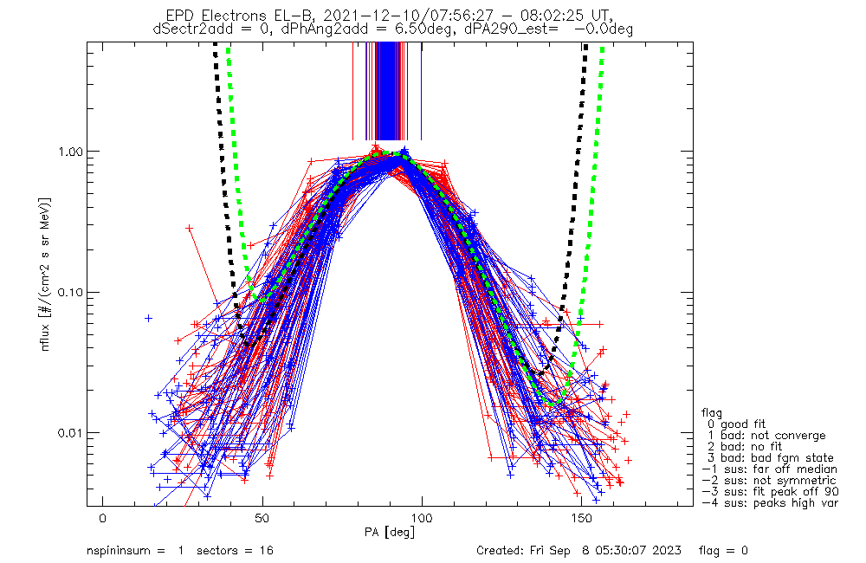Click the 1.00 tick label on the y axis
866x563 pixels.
click(x=74, y=152)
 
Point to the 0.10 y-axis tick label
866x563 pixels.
click(x=74, y=292)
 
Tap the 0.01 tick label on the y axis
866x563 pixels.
click(x=74, y=432)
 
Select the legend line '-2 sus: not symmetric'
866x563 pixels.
click(x=768, y=481)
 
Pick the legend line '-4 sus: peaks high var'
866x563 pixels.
click(x=770, y=503)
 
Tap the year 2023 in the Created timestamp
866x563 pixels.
click(x=668, y=551)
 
